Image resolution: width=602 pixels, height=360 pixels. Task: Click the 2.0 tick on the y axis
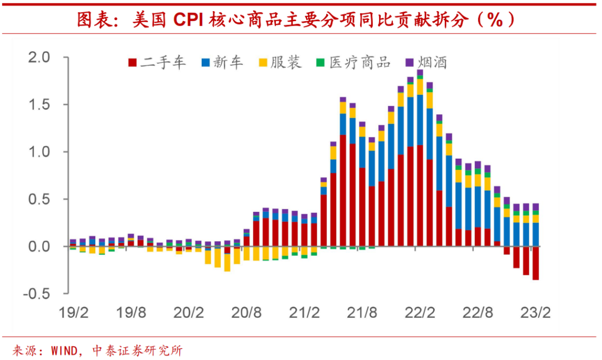coord(39,57)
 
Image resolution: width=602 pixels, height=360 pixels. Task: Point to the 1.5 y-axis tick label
coord(39,105)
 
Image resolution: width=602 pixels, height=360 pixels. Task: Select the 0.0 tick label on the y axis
coord(39,246)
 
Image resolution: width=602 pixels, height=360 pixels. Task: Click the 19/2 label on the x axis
coord(74,313)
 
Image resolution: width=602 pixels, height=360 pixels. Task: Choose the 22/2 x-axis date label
coord(421,313)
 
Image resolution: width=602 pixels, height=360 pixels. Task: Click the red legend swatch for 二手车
coord(132,62)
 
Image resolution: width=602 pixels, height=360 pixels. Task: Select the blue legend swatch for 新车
coord(206,62)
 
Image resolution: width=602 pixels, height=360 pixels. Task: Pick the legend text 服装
coord(286,62)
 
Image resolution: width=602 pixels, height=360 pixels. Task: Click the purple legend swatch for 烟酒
coord(410,62)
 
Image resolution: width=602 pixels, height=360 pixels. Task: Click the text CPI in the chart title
coord(189,20)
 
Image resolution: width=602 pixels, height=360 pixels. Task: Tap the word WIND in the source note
coord(66,351)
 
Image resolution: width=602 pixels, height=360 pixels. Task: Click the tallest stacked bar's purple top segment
coord(420,72)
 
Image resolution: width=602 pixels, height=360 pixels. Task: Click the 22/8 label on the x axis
coord(479,313)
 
